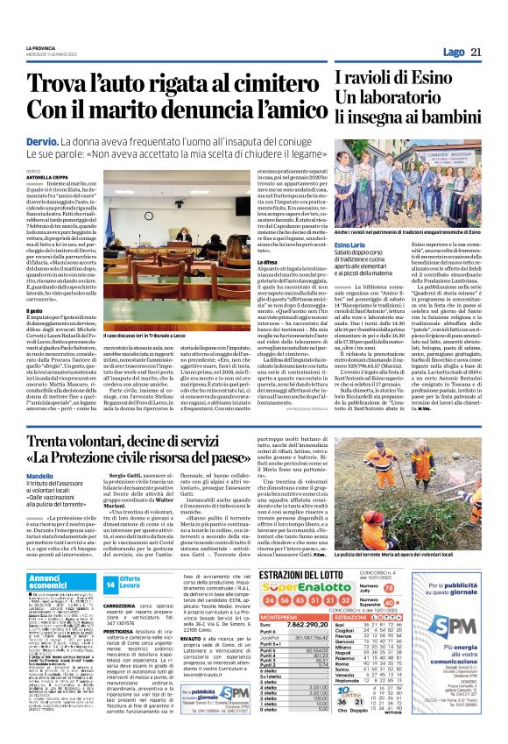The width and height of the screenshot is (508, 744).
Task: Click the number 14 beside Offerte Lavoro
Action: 110,583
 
